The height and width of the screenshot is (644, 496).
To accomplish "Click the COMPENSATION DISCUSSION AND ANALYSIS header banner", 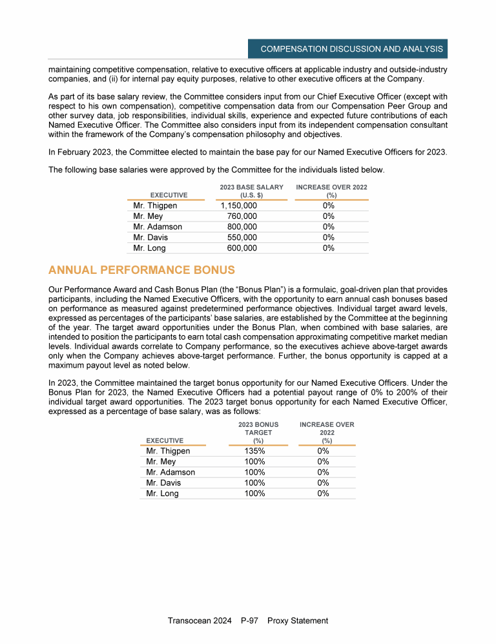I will [351, 49].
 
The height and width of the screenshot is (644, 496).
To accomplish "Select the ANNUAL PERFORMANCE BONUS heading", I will [141, 269].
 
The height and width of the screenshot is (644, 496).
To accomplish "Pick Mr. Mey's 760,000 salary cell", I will [243, 216].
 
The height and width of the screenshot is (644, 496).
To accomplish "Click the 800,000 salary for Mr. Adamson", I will [243, 227].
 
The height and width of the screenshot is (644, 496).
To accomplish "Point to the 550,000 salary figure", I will [243, 237].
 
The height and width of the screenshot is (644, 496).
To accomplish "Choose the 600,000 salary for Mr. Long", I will [243, 247].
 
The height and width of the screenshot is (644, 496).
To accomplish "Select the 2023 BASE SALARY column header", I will [252, 191].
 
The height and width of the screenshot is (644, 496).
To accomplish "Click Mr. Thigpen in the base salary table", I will [155, 206].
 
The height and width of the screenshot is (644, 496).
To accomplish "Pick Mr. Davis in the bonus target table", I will [163, 483].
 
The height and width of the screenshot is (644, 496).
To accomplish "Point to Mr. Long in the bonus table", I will [163, 493].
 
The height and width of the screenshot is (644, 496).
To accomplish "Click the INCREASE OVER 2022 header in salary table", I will [332, 191].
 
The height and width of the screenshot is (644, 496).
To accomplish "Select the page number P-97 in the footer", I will [249, 621].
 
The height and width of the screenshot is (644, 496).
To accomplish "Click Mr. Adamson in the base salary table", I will [158, 227].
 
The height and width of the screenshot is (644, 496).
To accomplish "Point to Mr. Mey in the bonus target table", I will [161, 462].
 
